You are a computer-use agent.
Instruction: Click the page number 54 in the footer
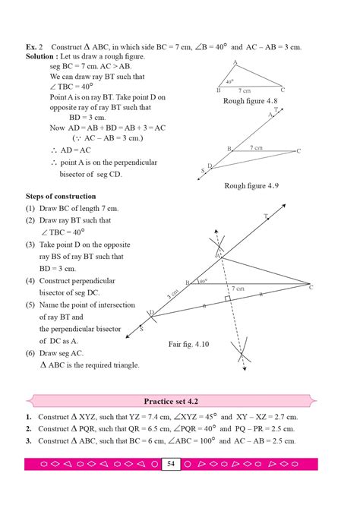(172, 464)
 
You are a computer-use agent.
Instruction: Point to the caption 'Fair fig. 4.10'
(194, 344)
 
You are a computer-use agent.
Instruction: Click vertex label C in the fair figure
(310, 287)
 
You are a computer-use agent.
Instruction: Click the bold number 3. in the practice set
(28, 441)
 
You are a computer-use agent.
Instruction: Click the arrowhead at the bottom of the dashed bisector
(243, 369)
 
